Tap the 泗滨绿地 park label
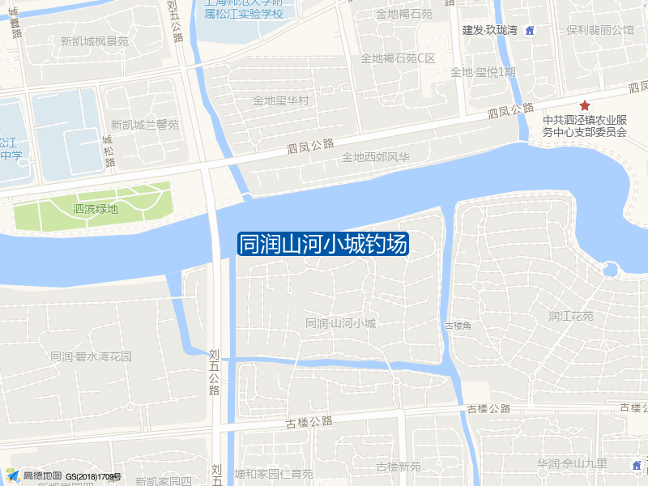click(96, 209)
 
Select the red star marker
click(583, 106)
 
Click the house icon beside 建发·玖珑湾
click(530, 31)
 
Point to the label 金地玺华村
click(281, 101)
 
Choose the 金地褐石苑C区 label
click(398, 58)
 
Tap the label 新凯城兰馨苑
click(145, 125)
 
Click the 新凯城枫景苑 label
click(95, 41)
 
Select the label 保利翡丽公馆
click(600, 30)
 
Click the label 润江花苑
click(571, 316)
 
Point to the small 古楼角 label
click(458, 326)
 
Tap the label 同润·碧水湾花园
click(91, 356)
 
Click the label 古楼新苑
click(399, 467)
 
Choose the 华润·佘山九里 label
click(572, 463)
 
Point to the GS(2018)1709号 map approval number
click(94, 477)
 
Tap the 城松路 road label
click(109, 151)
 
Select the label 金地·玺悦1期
click(483, 72)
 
